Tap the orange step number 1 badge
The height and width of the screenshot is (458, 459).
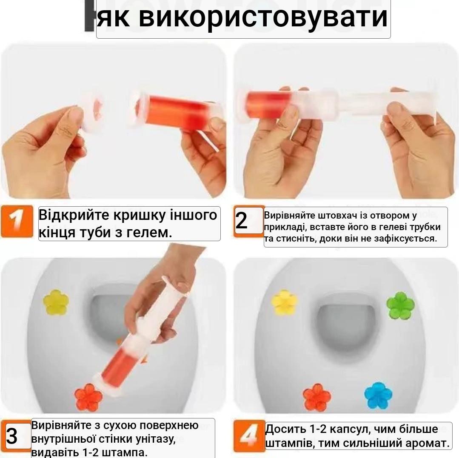(x=17, y=221)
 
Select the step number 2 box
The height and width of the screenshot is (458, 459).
(x=242, y=221)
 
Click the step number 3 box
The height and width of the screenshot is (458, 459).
(x=12, y=436)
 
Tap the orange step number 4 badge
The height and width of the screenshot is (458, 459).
(x=246, y=435)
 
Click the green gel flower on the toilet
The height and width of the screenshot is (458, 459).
(x=400, y=304)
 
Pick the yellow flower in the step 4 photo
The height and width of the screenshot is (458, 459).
(x=285, y=302)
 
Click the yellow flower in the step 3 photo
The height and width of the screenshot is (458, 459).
(x=56, y=302)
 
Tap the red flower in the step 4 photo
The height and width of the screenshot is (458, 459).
(x=317, y=397)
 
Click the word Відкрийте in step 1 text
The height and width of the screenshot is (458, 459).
(x=74, y=215)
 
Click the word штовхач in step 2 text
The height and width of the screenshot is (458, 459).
(x=336, y=216)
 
